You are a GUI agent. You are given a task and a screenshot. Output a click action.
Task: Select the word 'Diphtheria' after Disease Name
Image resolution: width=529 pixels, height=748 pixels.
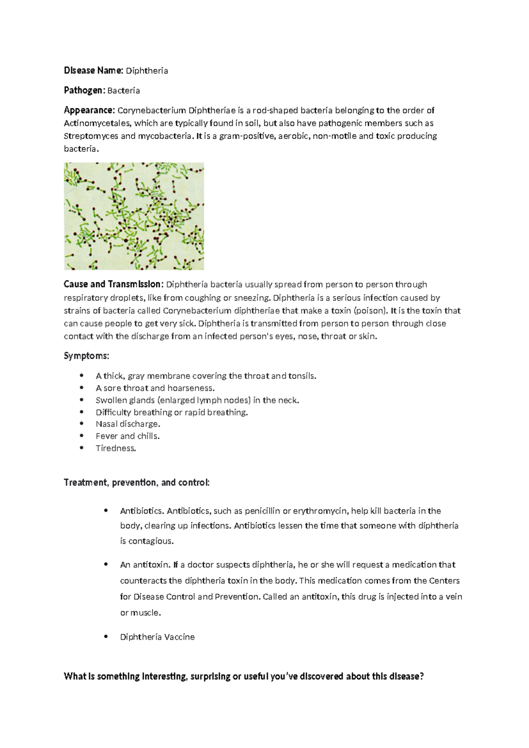(147, 71)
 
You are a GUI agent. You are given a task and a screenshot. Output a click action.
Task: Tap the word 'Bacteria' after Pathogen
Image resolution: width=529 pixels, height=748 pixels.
(124, 91)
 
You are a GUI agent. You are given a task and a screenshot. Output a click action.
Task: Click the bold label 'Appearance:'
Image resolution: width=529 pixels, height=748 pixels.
(89, 110)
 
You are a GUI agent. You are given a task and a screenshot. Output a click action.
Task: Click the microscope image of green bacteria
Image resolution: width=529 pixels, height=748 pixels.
(134, 216)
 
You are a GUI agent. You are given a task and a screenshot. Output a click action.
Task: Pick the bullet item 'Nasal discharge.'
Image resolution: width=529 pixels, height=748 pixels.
(128, 424)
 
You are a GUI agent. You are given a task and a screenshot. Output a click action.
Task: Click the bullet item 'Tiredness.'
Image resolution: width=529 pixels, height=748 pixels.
(116, 449)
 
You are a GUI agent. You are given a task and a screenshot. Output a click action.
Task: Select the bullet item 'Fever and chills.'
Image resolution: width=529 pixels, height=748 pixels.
(127, 436)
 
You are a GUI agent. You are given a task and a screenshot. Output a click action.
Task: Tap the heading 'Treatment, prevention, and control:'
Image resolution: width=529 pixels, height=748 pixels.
(137, 482)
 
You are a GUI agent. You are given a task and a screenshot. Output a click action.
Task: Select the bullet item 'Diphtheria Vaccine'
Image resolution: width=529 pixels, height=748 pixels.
(157, 637)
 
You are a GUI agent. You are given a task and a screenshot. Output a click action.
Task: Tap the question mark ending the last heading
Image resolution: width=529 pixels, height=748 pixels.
(421, 677)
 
